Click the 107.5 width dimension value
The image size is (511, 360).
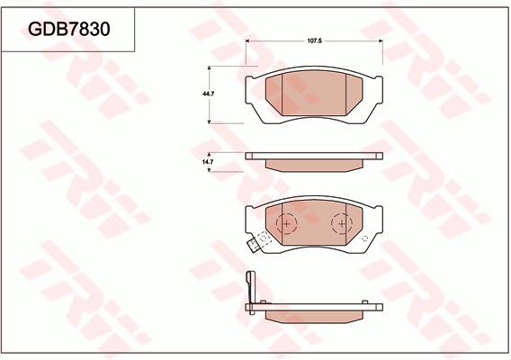[x=315, y=41]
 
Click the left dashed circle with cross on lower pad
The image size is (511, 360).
[x=286, y=223]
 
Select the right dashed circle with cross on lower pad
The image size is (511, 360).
[x=342, y=223]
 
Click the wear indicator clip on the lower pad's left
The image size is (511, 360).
[x=260, y=243]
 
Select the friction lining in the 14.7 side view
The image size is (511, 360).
[x=314, y=164]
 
